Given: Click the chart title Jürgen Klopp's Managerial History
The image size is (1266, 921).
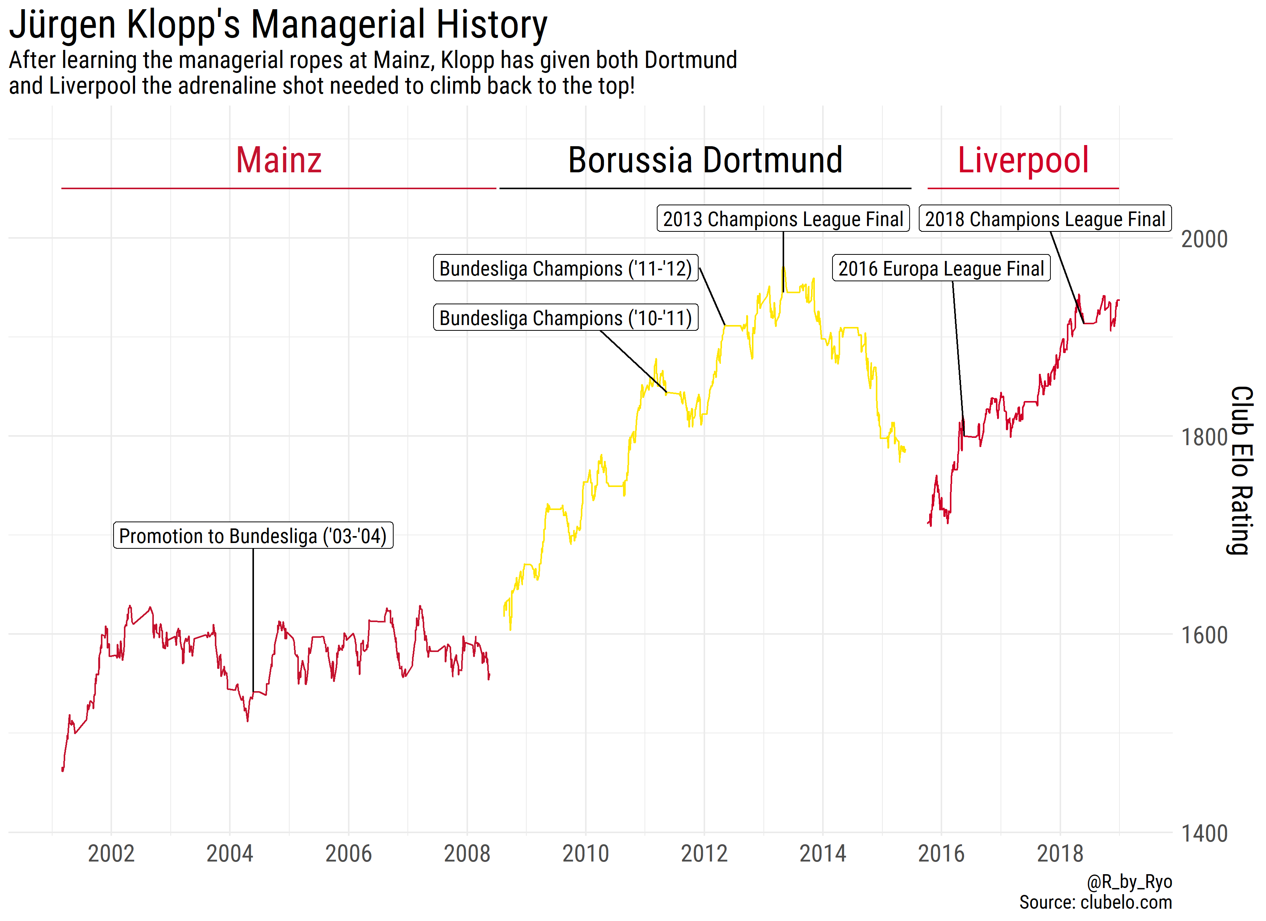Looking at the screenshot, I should click(278, 25).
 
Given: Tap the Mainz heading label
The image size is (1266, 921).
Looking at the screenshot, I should click(279, 160).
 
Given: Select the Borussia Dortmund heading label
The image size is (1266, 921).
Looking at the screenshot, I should click(705, 160).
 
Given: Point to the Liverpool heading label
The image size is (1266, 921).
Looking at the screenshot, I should click(1023, 160).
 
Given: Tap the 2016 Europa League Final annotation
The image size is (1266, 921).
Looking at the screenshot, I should click(941, 269).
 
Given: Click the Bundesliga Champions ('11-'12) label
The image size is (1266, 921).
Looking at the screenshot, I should click(565, 269).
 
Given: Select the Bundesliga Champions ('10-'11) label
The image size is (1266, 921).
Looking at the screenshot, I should click(565, 318).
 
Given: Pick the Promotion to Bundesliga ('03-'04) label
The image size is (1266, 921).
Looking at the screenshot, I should click(253, 536).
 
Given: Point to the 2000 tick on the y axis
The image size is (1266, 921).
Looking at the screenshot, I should click(1204, 239).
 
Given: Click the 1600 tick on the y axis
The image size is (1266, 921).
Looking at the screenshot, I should click(1204, 635).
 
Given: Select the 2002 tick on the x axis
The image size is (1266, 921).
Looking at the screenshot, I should click(111, 854).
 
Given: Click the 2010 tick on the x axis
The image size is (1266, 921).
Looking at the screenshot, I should click(585, 854).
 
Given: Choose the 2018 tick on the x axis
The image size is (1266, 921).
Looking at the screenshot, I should click(1060, 854).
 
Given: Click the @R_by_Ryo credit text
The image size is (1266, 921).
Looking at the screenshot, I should click(1129, 882).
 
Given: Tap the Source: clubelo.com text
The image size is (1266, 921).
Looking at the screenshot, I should click(1095, 903).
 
